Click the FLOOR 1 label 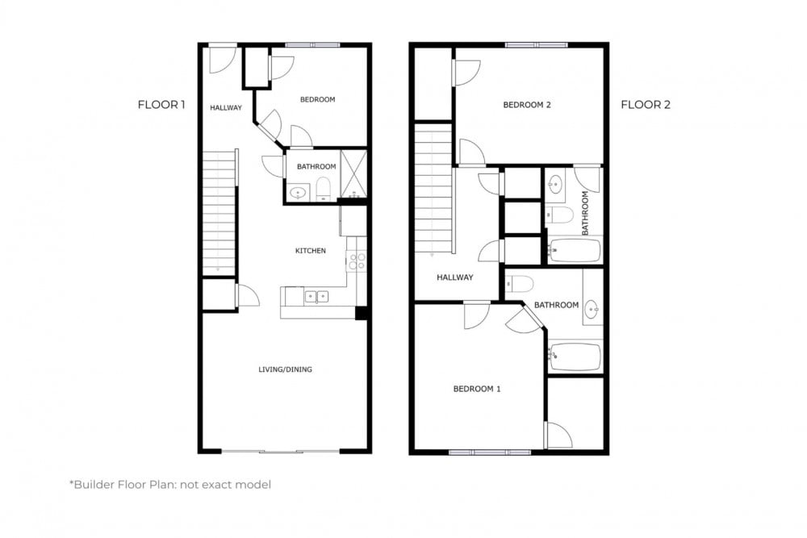pos(161,104)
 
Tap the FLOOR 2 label pos(645,104)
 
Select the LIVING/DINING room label pos(285,369)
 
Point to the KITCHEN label pos(310,251)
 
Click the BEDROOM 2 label pos(527,105)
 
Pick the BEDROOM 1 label pos(476,389)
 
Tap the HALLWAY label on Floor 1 pos(225,107)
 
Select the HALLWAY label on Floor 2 pos(454,277)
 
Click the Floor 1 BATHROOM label pos(316,167)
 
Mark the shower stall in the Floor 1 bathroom pos(353,174)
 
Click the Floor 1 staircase pos(218,211)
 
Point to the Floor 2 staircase pos(433,187)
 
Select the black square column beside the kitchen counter pos(362,314)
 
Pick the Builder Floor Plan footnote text pos(170,485)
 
